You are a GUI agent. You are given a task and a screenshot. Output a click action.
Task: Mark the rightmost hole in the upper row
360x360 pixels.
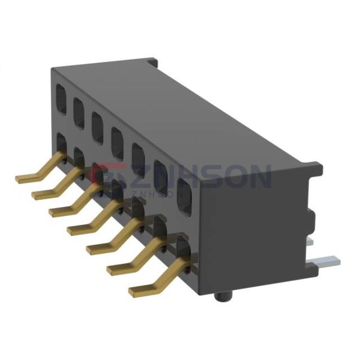(x=184, y=194)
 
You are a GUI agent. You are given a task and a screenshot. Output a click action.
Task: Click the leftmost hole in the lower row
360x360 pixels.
(x=61, y=145)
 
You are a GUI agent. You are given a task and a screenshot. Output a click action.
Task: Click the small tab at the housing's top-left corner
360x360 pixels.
(x=154, y=62)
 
